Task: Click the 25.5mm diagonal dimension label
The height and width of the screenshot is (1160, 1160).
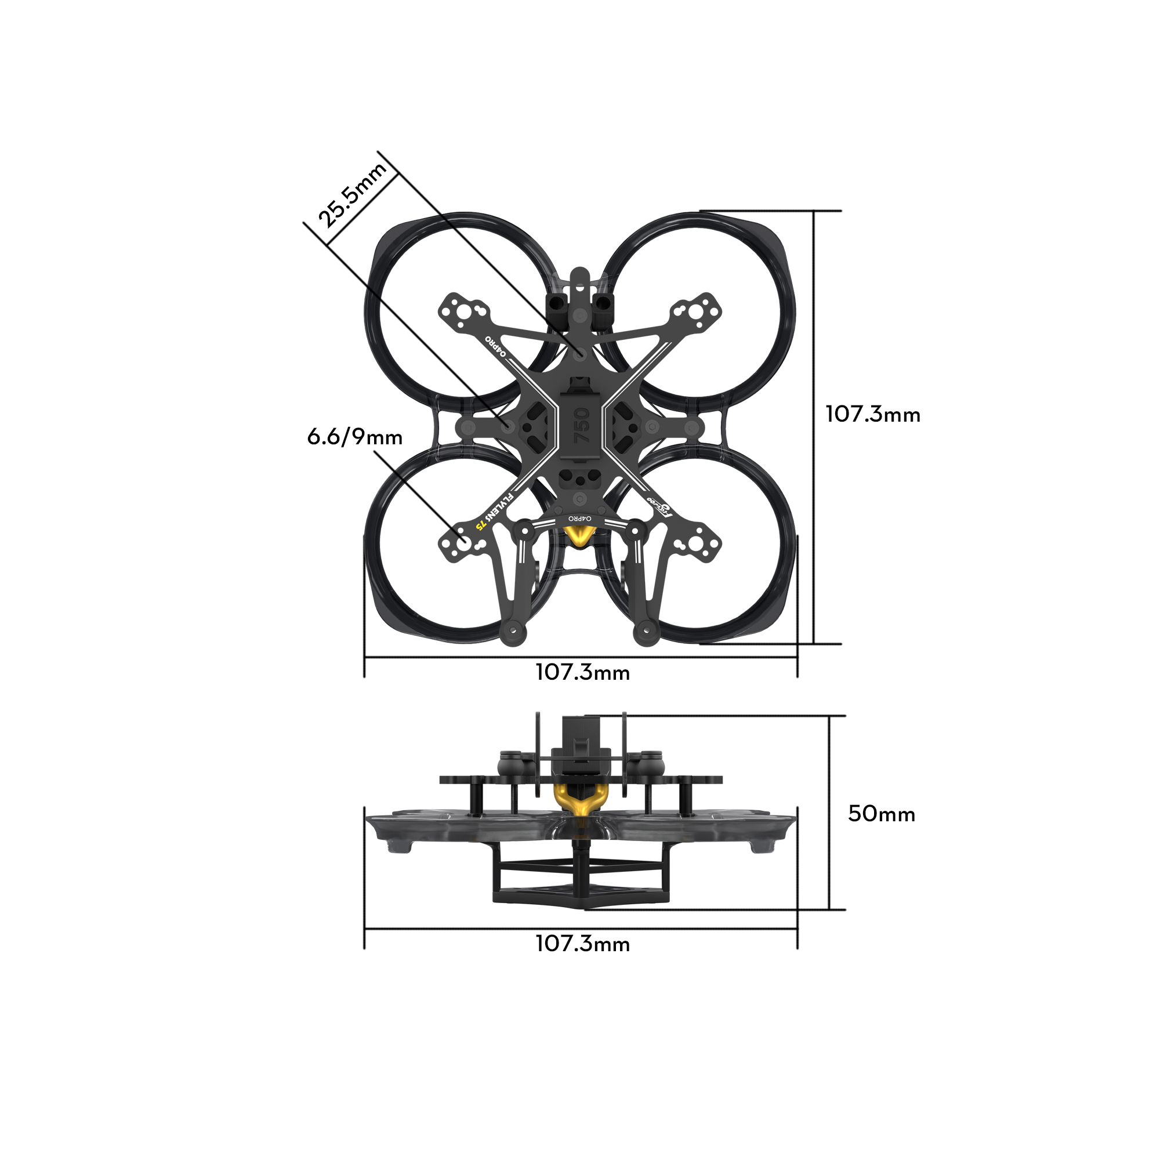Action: [352, 195]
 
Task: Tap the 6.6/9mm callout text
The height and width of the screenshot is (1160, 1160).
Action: [355, 437]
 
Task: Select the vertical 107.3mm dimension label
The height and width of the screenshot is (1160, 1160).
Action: [872, 415]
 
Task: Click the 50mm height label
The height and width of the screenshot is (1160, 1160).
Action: [881, 814]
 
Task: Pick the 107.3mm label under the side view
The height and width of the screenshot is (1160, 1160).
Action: [582, 944]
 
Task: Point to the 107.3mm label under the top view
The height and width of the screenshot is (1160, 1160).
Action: [582, 672]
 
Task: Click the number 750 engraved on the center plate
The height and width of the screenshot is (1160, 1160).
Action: [581, 426]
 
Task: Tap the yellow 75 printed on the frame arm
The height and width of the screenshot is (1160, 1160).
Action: [481, 524]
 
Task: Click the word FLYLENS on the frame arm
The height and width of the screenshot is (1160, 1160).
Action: [499, 507]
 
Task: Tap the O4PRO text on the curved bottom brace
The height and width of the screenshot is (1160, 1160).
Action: [580, 517]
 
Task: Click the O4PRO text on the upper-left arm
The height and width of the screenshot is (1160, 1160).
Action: [496, 346]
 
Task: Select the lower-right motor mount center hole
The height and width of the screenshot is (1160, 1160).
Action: [696, 544]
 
